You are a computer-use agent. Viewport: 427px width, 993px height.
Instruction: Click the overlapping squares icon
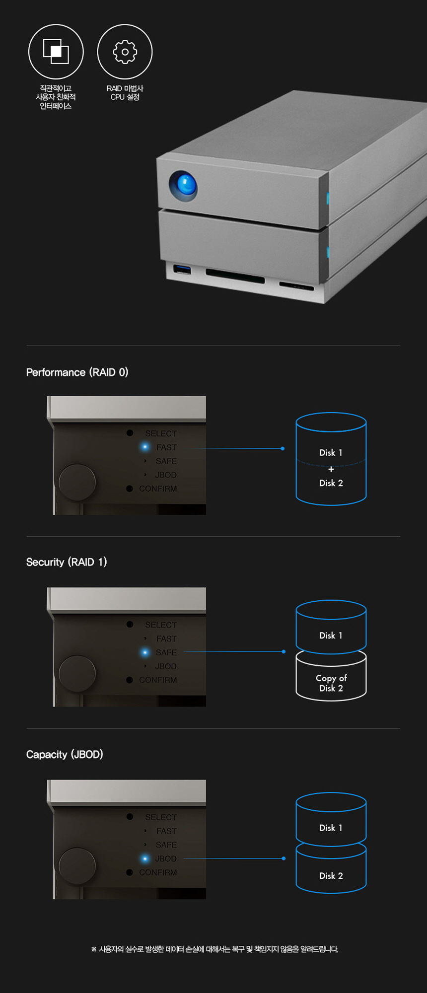pos(56,52)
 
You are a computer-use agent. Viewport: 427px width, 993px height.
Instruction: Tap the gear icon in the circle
pos(125,52)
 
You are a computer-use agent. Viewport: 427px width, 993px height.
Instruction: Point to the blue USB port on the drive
pos(182,270)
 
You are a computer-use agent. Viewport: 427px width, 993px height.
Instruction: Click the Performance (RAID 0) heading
pos(77,372)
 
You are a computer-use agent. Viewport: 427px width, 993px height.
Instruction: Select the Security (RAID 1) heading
pos(67,562)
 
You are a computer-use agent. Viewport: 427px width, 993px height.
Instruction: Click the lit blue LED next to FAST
pos(145,447)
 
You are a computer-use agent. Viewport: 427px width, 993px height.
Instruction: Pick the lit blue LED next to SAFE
pos(145,652)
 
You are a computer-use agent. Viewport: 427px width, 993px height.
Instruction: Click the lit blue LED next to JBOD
pos(145,858)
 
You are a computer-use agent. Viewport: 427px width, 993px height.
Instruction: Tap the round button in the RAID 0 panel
pos(77,482)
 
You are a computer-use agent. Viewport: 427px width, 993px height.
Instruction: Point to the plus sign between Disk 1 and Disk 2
pos(331,469)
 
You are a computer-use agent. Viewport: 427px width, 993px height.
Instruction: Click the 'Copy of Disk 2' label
pos(331,683)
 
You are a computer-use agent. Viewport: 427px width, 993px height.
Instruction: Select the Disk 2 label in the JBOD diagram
pos(331,876)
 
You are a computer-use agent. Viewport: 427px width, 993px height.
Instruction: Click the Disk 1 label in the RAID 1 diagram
pos(331,636)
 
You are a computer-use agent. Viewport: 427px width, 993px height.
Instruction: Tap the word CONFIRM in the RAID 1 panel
pos(158,680)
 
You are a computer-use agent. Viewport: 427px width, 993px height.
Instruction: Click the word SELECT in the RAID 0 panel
pos(161,433)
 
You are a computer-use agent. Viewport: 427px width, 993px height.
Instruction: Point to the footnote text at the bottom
pos(214,949)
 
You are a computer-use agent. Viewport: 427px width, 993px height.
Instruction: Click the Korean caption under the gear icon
pos(125,93)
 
